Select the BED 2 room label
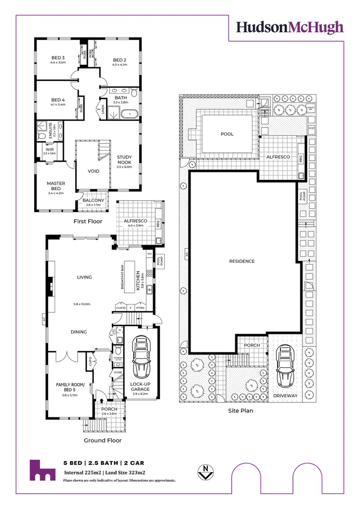pos(119,60)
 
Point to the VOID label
pos(94,171)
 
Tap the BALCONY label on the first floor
pos(94,201)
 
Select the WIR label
pos(49,149)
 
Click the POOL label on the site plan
pos(227,134)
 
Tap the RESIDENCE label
pos(242,261)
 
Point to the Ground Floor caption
pos(103,440)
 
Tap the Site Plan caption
pos(240,411)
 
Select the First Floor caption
pos(87,222)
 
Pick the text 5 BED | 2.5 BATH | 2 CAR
pos(104,463)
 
